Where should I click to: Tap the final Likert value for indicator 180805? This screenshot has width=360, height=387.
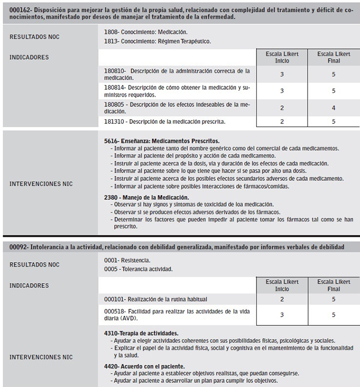[x=333, y=108]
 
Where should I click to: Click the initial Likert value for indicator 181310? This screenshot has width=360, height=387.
[x=282, y=122]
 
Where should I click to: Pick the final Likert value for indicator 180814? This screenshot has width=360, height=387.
[x=333, y=91]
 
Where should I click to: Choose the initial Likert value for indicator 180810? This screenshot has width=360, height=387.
[x=282, y=74]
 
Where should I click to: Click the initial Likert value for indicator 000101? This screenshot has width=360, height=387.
[x=282, y=299]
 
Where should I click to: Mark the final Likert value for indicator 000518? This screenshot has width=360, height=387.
[x=333, y=314]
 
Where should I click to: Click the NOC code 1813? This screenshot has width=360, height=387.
[x=111, y=41]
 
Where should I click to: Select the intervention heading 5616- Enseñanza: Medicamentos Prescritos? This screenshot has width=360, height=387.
[x=161, y=141]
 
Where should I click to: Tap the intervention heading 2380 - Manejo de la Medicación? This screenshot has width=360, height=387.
[x=146, y=197]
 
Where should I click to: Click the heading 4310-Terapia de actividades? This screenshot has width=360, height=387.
[x=141, y=333]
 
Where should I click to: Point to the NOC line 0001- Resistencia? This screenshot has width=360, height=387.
[x=127, y=261]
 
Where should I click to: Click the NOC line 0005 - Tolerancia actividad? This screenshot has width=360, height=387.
[x=137, y=269]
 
